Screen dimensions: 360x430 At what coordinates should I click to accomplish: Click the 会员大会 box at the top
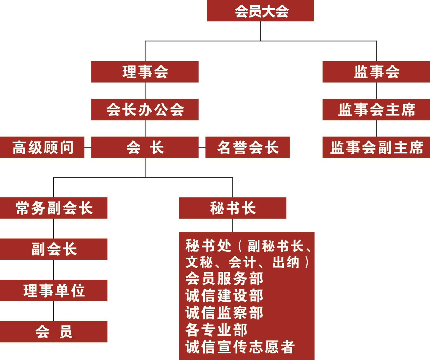[x=260, y=11]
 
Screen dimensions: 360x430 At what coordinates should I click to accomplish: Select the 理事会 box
[x=145, y=72]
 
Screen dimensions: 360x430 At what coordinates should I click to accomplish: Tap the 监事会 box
[x=376, y=72]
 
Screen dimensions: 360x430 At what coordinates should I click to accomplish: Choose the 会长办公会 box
[x=145, y=110]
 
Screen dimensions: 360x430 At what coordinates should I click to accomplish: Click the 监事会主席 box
[x=376, y=110]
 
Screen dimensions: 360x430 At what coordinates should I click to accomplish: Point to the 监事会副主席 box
[x=376, y=147]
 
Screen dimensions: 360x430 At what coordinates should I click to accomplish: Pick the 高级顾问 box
[x=42, y=147]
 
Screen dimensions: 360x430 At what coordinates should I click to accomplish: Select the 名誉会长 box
[x=247, y=147]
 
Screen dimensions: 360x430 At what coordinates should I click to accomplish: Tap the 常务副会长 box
[x=54, y=208]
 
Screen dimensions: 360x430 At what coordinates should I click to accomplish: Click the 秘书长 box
[x=232, y=208]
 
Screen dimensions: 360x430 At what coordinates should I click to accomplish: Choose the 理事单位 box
[x=54, y=290]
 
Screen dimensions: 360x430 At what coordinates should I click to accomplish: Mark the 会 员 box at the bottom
[x=54, y=331]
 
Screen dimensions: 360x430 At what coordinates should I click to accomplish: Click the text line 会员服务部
[x=224, y=279]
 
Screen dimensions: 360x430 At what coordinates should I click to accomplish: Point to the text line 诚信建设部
[x=224, y=296]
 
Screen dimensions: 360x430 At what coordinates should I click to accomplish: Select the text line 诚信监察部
[x=224, y=313]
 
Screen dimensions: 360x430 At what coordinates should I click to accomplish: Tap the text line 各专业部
[x=216, y=330]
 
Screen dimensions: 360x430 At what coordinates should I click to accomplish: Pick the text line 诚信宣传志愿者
[x=240, y=347]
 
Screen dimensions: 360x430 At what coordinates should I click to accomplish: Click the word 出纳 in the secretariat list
[x=286, y=263]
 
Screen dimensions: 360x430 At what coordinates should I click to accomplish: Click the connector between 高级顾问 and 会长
[x=88, y=147]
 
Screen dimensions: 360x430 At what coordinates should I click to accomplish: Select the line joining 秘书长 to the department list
[x=233, y=225]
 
